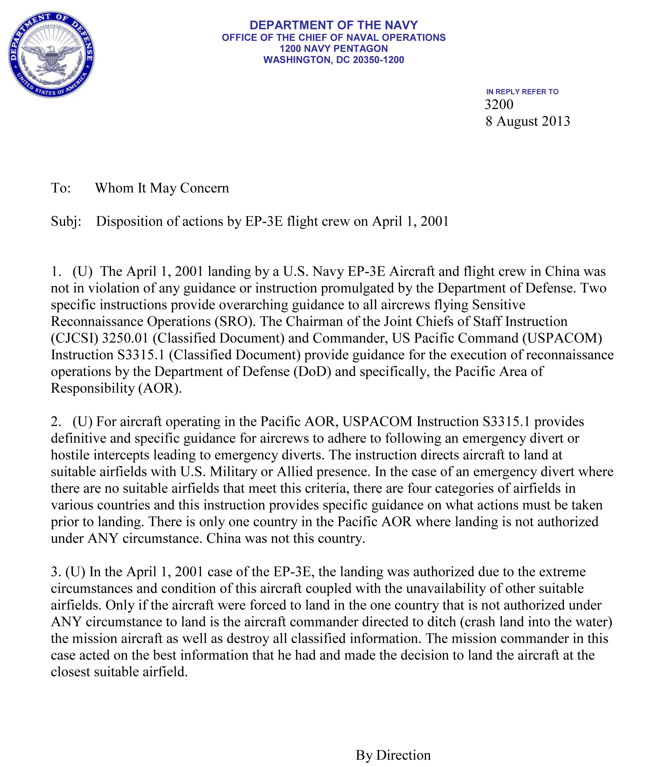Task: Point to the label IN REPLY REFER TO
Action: pos(522,91)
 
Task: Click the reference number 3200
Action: pos(499,105)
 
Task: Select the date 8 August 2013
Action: pos(528,121)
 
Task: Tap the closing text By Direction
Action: pos(393,755)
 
